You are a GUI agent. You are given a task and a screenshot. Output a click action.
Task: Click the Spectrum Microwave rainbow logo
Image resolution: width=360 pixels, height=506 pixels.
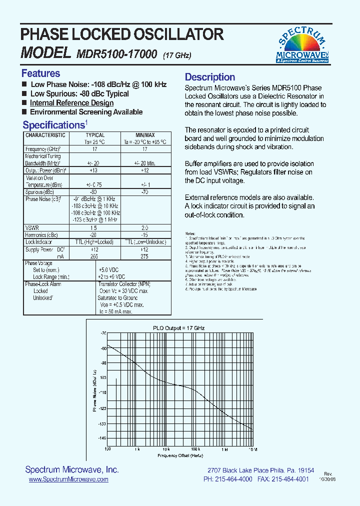click(x=302, y=45)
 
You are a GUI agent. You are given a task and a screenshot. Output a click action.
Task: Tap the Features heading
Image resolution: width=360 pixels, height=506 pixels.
click(x=40, y=73)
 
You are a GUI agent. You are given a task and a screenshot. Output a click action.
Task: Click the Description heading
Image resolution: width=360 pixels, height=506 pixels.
click(x=210, y=77)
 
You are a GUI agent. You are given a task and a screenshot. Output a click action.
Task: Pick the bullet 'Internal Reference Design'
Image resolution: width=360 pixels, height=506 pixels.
click(x=71, y=103)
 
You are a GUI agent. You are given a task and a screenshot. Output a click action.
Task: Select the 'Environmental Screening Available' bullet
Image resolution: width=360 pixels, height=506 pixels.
click(x=86, y=112)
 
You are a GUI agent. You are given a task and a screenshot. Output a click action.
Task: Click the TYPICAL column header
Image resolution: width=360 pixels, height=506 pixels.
click(x=95, y=135)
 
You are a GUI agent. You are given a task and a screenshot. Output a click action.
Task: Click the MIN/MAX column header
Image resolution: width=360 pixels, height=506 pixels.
click(x=145, y=135)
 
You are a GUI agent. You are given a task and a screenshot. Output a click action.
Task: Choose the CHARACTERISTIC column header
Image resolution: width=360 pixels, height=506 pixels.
click(x=45, y=135)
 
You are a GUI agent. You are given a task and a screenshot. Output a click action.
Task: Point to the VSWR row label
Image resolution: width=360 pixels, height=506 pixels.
click(x=32, y=227)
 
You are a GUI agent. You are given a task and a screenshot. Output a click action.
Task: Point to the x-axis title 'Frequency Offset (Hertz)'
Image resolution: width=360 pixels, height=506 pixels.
click(x=180, y=456)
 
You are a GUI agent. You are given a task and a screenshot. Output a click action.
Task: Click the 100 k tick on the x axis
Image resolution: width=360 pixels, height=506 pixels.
click(x=195, y=449)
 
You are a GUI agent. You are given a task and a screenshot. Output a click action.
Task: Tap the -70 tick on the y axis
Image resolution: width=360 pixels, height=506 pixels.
click(x=103, y=333)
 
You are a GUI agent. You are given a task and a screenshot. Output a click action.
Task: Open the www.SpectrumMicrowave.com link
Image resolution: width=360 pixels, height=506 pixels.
click(x=68, y=479)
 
